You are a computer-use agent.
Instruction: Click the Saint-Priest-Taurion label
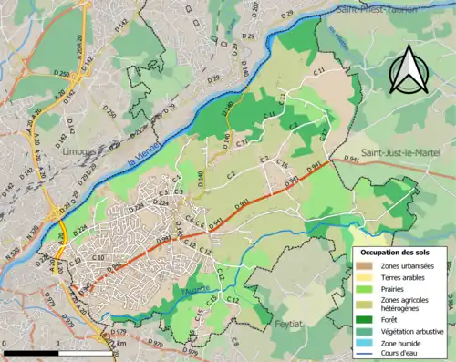[x=378, y=9]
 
